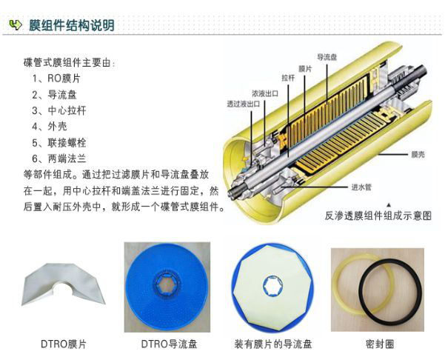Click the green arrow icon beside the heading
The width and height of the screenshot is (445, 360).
click(x=16, y=25)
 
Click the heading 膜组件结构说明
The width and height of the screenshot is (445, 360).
click(x=72, y=25)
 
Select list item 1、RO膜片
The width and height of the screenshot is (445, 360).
click(x=56, y=78)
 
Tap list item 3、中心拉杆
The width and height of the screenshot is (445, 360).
click(x=58, y=110)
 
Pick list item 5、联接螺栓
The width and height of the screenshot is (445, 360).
click(x=58, y=142)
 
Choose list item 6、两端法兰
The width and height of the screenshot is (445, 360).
click(x=58, y=159)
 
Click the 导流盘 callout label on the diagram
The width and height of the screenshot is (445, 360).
click(x=327, y=57)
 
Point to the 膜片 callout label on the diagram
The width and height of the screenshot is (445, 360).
click(x=305, y=69)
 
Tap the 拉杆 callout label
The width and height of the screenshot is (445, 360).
click(x=288, y=78)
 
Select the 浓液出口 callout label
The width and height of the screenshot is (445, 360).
click(x=265, y=93)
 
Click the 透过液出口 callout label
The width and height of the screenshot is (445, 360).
click(x=243, y=104)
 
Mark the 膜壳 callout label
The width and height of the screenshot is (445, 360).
click(x=418, y=155)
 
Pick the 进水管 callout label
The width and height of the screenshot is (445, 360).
click(x=361, y=187)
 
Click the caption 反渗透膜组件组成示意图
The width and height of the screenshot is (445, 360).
click(x=378, y=216)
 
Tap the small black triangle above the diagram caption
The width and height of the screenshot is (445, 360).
click(x=389, y=204)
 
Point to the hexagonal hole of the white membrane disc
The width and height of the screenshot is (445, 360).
click(x=272, y=286)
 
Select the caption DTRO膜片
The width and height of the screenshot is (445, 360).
click(x=63, y=344)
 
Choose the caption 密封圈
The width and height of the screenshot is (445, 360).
click(x=380, y=344)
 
